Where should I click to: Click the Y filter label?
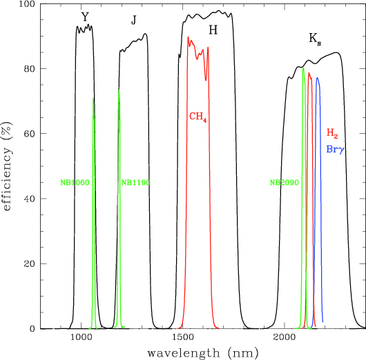85,17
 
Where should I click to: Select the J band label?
133,20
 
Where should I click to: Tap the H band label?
213,30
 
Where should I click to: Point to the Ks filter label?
315,39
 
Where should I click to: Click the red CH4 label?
198,117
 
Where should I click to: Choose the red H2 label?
332,133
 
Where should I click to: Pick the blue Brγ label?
335,150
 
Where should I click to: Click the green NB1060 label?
75,183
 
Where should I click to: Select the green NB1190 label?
135,183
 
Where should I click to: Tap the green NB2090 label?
285,183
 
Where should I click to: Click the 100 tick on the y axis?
27,4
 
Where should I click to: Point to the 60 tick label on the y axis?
29,133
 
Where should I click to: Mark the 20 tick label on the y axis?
29,263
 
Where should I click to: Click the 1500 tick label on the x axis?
183,337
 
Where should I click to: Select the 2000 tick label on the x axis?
285,337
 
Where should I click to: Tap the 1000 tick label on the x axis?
81,337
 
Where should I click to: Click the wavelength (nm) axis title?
203,353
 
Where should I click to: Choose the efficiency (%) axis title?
7,166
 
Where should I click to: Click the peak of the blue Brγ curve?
317,78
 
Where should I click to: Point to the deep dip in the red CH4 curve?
206,81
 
